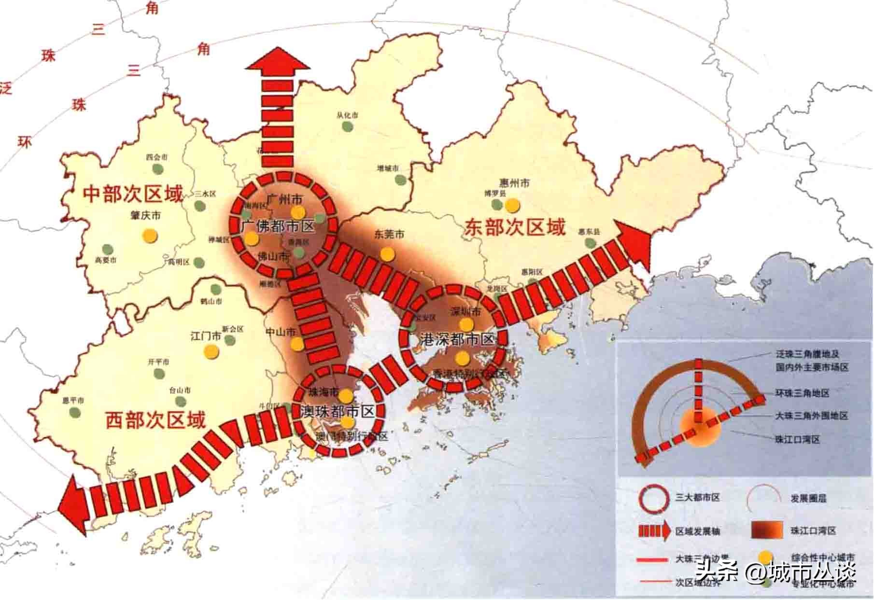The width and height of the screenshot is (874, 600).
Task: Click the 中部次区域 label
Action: coord(133,194)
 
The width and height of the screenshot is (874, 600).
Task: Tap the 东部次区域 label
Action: coord(514,227)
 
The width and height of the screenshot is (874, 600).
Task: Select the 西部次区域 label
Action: coord(155,420)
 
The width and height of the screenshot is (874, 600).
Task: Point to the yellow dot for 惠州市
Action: coord(512,205)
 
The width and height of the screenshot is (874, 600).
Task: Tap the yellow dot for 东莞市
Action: coord(386,253)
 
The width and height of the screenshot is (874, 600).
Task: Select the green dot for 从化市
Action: coord(347,126)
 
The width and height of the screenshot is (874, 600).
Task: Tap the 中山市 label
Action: coord(281,332)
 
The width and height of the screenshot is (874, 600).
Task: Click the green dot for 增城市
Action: coord(400,180)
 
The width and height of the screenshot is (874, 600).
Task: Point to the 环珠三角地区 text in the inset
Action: coord(803,393)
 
